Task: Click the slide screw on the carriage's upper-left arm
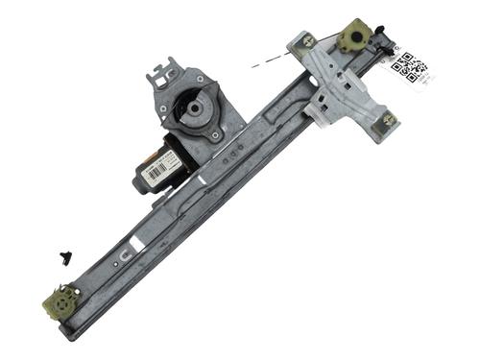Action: point(307,41)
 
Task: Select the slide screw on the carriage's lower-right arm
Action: point(388,119)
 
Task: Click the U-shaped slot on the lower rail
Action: point(125,254)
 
